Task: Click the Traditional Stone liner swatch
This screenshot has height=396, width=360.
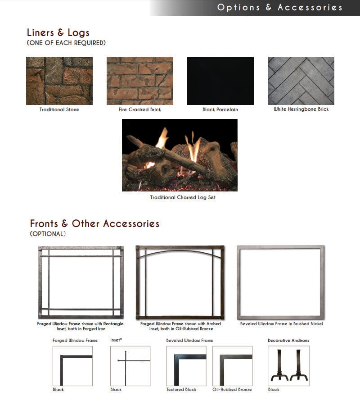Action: pyautogui.click(x=59, y=81)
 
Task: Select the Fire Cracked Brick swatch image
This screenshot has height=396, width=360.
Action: pyautogui.click(x=139, y=81)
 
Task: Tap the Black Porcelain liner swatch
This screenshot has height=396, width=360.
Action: pyautogui.click(x=220, y=81)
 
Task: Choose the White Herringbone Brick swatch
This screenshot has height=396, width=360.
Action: pyautogui.click(x=301, y=81)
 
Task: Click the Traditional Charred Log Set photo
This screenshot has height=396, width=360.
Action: pyautogui.click(x=180, y=155)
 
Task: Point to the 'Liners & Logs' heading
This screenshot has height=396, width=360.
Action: pyautogui.click(x=58, y=32)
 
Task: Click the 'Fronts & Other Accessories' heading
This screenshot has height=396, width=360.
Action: pyautogui.click(x=94, y=223)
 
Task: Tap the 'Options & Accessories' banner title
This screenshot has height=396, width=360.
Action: pyautogui.click(x=279, y=7)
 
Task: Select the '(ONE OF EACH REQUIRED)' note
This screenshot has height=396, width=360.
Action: pyautogui.click(x=66, y=43)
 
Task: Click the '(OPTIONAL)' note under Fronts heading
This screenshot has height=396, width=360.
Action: pyautogui.click(x=48, y=234)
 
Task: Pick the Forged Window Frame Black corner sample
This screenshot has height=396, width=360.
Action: pyautogui.click(x=72, y=365)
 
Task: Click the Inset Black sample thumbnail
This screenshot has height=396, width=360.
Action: pyautogui.click(x=130, y=365)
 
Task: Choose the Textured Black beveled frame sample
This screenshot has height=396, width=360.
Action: pyautogui.click(x=186, y=365)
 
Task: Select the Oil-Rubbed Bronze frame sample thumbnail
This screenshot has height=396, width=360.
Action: pyautogui.click(x=232, y=365)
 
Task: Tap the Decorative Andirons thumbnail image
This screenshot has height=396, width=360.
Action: pyautogui.click(x=288, y=365)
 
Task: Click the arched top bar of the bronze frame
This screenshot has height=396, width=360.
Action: pyautogui.click(x=180, y=252)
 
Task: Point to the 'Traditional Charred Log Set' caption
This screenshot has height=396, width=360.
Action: pyautogui.click(x=183, y=197)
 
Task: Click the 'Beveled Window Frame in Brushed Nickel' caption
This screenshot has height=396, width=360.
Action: pyautogui.click(x=281, y=323)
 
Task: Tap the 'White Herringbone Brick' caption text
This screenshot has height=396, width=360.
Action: pyautogui.click(x=301, y=109)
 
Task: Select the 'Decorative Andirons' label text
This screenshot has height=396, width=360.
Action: pyautogui.click(x=288, y=340)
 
